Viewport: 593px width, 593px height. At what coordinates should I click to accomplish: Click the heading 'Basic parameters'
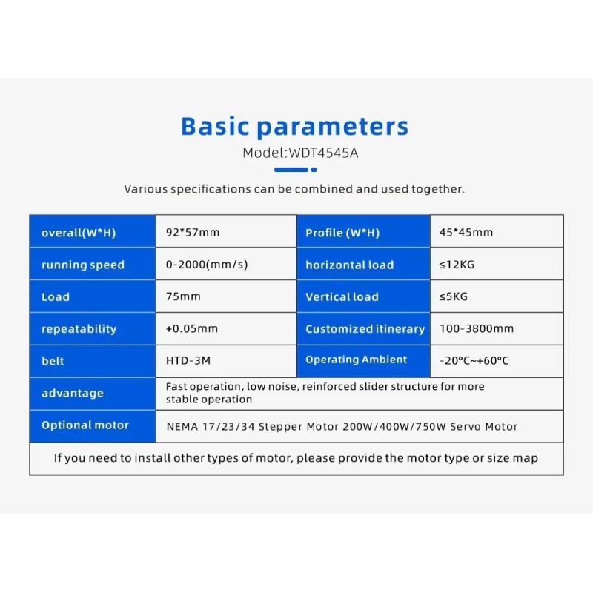coord(294,126)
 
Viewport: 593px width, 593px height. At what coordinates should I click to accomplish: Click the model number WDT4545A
coord(323,153)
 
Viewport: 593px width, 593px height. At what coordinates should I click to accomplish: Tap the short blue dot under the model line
coord(314,170)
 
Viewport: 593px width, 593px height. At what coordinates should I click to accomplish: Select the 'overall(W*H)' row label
coord(79,233)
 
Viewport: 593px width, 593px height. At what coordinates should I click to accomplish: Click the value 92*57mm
coord(193,232)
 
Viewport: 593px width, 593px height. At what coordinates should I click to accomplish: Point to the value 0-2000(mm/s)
coord(207,265)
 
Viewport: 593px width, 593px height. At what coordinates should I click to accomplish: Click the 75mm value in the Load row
coord(183,296)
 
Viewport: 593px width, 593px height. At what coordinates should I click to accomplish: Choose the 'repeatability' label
coord(79,329)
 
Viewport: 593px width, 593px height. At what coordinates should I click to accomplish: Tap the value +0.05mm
coord(192,328)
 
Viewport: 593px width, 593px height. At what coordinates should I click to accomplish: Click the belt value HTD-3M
coord(188,360)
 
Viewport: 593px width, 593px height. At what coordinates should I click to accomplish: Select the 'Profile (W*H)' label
coord(342,233)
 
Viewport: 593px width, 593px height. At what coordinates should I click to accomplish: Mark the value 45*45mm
coord(466,232)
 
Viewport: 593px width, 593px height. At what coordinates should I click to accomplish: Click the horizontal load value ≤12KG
coord(457,265)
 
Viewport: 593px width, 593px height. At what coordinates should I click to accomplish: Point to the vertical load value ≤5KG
coord(454,296)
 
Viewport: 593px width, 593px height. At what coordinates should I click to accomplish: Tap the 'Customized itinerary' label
coord(365,329)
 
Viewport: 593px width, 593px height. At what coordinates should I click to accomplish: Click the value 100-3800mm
coord(477,328)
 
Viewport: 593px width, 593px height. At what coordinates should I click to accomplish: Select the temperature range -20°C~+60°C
coord(474,360)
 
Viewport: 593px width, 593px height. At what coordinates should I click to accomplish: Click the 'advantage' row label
coord(72,394)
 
